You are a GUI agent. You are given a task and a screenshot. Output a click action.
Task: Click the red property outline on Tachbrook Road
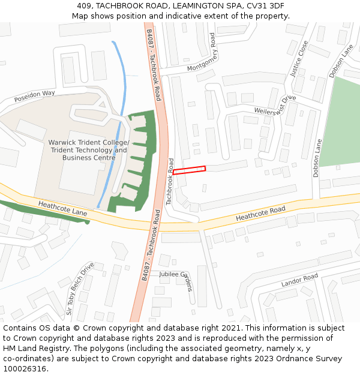[189, 170]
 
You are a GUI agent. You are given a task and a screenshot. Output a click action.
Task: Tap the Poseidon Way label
[34, 94]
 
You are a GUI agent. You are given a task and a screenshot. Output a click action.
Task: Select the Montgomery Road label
[201, 53]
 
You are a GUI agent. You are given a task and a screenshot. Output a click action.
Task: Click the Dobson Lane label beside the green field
[316, 158]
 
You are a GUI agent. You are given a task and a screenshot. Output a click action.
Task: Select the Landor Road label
[299, 280]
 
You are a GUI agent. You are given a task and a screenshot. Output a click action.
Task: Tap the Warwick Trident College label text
[88, 142]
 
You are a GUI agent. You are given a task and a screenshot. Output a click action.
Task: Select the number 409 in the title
[85, 6]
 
